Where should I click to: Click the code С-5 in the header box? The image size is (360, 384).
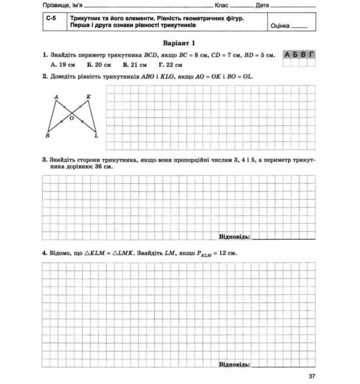[51, 20]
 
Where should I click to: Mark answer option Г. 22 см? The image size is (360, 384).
[170, 64]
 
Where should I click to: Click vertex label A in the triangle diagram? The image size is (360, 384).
[56, 96]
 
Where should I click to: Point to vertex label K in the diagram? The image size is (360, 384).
[89, 96]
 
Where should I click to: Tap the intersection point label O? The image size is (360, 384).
[72, 118]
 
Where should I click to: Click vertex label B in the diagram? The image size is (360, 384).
[47, 136]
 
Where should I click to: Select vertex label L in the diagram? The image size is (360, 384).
[96, 136]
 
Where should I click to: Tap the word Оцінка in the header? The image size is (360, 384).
[281, 27]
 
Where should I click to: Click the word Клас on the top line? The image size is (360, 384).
[223, 5]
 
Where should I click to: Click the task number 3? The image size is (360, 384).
[44, 160]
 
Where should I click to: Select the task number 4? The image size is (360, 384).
[44, 253]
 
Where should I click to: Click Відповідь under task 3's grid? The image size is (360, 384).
[234, 237]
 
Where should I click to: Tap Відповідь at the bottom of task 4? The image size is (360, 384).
[234, 364]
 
